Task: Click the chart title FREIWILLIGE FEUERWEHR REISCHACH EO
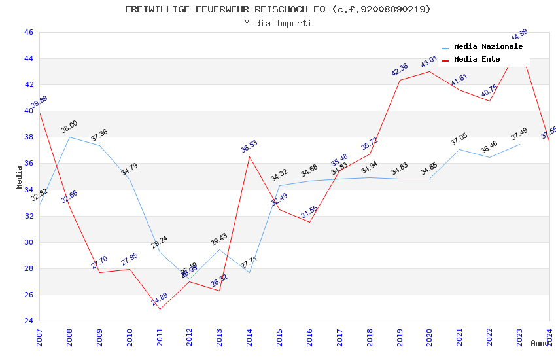278,9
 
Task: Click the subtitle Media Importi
278,23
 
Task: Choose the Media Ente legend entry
477,60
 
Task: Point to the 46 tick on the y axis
28,32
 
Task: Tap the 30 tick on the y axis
28,242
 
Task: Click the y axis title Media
19,177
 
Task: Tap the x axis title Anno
540,343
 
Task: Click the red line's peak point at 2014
250,156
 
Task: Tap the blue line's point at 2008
69,137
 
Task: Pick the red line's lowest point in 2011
160,309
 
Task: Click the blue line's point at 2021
459,149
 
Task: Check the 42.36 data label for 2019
400,70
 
